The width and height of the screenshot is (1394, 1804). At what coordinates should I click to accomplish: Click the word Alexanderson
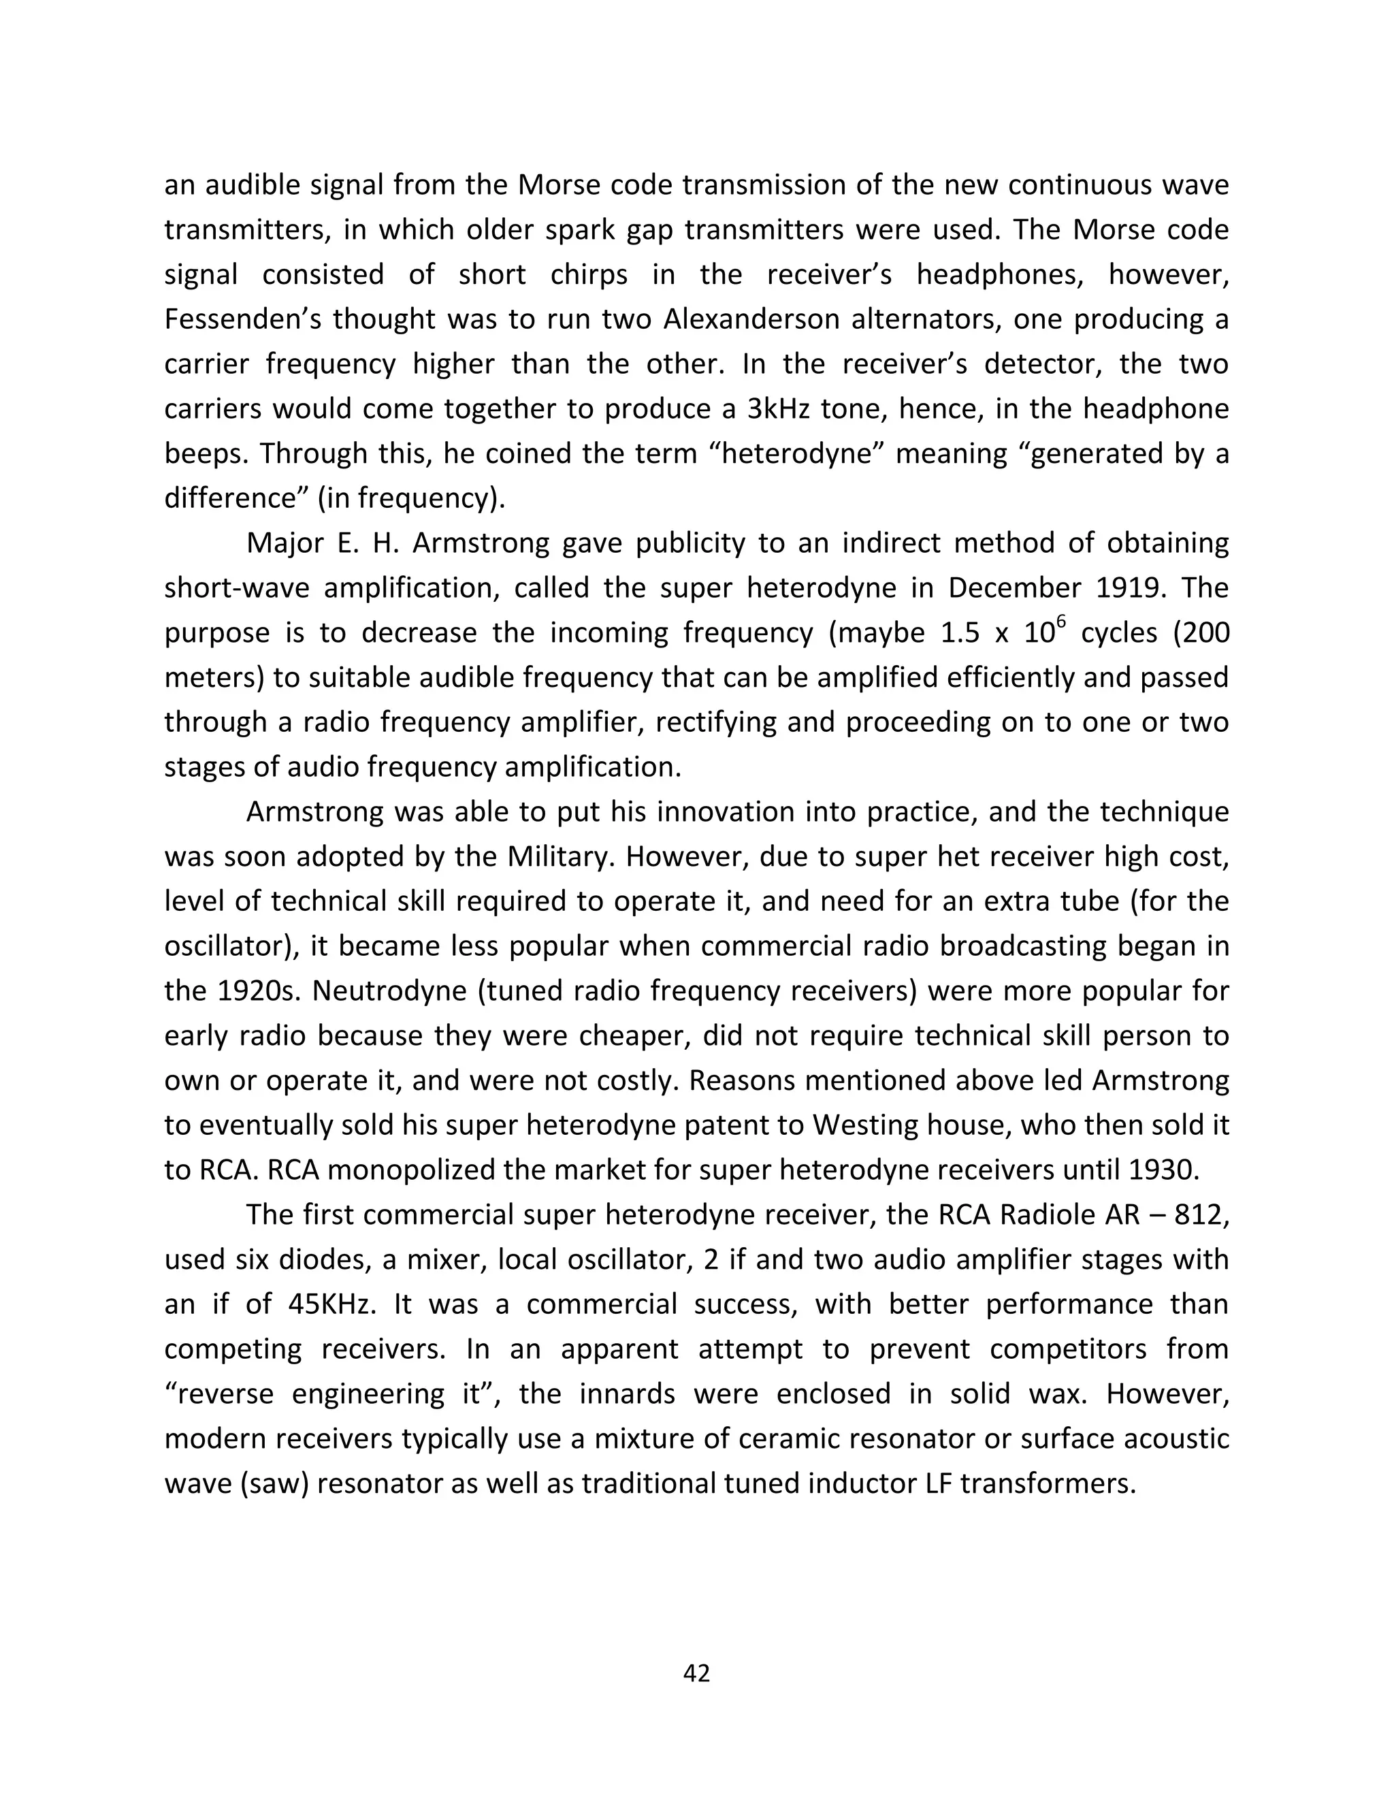pyautogui.click(x=750, y=320)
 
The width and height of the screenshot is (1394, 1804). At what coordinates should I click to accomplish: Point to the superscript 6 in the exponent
pyautogui.click(x=1063, y=621)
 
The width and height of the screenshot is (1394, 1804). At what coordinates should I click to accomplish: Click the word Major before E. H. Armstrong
pyautogui.click(x=283, y=543)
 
